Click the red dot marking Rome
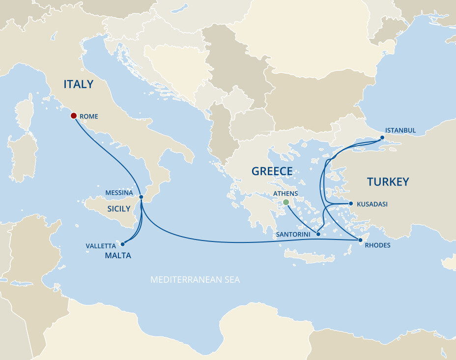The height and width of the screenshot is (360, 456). click(x=73, y=116)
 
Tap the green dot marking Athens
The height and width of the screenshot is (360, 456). click(x=286, y=202)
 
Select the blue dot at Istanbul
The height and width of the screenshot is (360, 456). click(x=381, y=138)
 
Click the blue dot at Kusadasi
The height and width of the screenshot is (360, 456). click(x=351, y=203)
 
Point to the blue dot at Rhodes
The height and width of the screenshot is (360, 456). click(x=360, y=240)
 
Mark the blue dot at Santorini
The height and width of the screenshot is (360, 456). click(x=318, y=234)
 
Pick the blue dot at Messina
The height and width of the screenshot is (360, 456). click(x=141, y=197)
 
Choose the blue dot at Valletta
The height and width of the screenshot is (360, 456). click(x=122, y=243)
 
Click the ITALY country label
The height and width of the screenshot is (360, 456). click(x=78, y=84)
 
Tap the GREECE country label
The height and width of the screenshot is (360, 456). click(x=272, y=171)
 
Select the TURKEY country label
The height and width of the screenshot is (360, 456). click(x=388, y=182)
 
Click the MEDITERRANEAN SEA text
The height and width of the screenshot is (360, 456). click(x=195, y=280)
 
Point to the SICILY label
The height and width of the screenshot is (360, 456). click(x=119, y=209)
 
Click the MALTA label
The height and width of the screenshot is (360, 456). click(x=118, y=255)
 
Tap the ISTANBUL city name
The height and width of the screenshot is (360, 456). click(x=400, y=130)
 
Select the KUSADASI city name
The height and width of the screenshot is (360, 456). click(x=372, y=204)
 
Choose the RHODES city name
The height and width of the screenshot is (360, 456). click(x=378, y=245)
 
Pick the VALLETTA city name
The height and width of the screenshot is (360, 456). click(x=101, y=245)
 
